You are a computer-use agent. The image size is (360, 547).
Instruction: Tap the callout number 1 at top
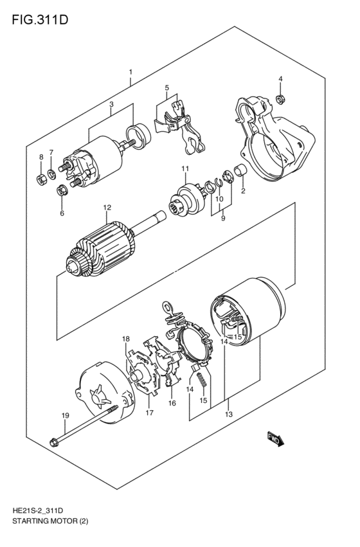[x=130, y=72]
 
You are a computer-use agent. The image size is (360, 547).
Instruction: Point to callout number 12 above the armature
[x=107, y=208]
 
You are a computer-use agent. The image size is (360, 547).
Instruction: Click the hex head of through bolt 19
[x=53, y=442]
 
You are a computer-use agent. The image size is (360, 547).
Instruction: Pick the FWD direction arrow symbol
[x=275, y=440]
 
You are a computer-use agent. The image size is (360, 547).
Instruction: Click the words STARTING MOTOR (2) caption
[x=49, y=521]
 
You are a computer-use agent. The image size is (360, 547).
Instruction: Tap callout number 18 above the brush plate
[x=126, y=339]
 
